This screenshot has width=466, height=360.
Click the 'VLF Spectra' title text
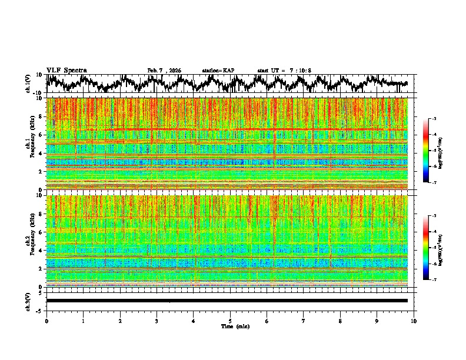(x=66, y=70)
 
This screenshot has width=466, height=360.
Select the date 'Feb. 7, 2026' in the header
(x=164, y=71)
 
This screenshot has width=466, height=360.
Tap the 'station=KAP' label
(x=218, y=71)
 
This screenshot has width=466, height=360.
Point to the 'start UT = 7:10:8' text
(x=284, y=71)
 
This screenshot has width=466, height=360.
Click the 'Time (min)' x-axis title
(x=230, y=326)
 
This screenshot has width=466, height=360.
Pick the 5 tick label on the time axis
(x=230, y=321)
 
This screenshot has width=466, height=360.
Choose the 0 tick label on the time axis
(x=46, y=321)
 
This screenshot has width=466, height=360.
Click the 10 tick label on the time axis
(x=414, y=321)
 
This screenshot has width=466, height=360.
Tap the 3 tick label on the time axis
(x=157, y=321)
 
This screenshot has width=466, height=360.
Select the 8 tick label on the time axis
(x=340, y=321)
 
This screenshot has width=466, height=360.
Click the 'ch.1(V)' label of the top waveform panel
(x=28, y=84)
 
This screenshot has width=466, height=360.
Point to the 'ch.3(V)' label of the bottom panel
(x=28, y=301)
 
